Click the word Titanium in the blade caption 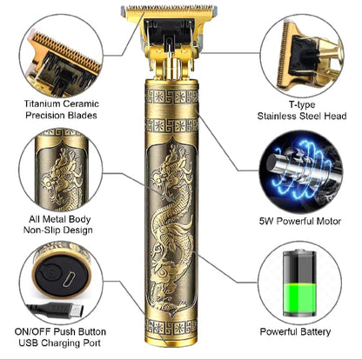[43, 103]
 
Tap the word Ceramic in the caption [81, 103]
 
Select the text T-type [302, 104]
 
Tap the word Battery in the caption [315, 332]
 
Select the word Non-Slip [39, 230]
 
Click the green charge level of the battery [299, 298]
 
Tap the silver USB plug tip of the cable [77, 310]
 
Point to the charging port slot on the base [68, 279]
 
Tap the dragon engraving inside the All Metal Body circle [62, 180]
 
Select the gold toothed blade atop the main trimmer [169, 11]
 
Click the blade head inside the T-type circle [302, 55]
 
